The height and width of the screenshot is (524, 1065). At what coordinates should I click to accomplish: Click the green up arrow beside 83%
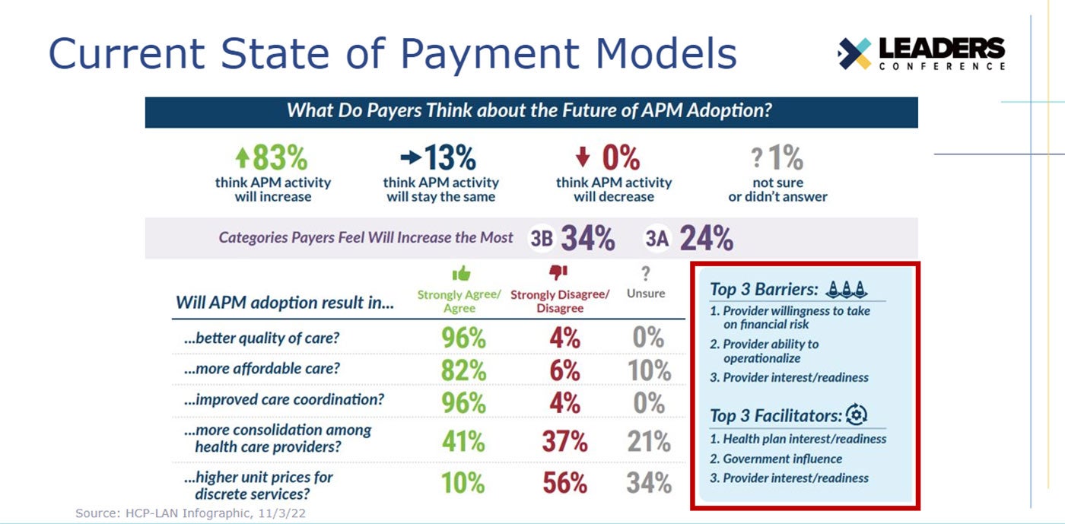point(243,157)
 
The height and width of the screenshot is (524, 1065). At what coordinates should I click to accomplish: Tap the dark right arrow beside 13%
point(411,157)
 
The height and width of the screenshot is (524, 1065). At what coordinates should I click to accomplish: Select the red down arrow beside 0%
point(583,157)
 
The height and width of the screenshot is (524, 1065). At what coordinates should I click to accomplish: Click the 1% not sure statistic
point(785,157)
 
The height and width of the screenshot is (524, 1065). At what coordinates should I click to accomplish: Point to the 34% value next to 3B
point(588,238)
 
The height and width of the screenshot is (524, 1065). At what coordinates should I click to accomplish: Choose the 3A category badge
point(656,238)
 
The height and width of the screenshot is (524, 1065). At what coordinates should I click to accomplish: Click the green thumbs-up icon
point(461,274)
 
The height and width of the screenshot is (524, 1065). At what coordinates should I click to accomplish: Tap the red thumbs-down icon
point(558,272)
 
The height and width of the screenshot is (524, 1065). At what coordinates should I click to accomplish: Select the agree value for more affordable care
point(463,370)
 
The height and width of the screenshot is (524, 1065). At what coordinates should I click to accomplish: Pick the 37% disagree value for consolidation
point(564,441)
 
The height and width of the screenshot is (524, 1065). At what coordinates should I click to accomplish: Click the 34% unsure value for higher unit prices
point(649,483)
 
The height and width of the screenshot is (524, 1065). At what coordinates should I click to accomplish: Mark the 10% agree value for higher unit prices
point(463,483)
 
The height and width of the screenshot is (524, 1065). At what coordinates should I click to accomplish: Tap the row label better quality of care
point(262,338)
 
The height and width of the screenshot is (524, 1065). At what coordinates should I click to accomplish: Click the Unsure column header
point(646,294)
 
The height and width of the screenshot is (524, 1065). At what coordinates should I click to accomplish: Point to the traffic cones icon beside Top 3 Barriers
point(846,289)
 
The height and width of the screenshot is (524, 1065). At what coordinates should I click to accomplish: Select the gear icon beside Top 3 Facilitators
point(857,414)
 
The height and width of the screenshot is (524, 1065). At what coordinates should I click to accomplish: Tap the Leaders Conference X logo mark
point(854,53)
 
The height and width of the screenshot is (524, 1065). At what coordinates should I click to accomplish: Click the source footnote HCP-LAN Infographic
point(190,513)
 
